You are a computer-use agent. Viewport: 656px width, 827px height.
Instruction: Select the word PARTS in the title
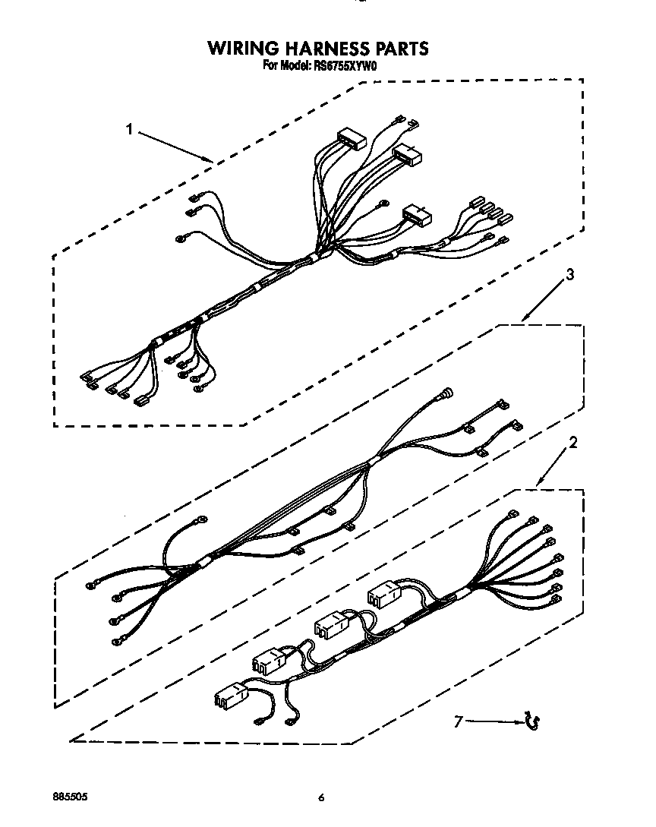pos(399,49)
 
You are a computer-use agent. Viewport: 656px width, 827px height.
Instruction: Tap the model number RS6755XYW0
pos(345,66)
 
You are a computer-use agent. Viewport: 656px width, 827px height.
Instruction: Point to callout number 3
pos(570,274)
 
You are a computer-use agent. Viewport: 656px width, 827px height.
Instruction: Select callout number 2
pos(573,442)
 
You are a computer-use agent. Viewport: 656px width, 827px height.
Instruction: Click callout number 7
pos(458,722)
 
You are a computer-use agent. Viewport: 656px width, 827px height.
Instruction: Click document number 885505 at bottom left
pos(70,797)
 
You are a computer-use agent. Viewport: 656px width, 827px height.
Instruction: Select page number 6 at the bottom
pos(322,798)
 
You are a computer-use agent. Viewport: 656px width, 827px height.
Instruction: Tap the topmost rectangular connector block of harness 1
pos(352,138)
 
